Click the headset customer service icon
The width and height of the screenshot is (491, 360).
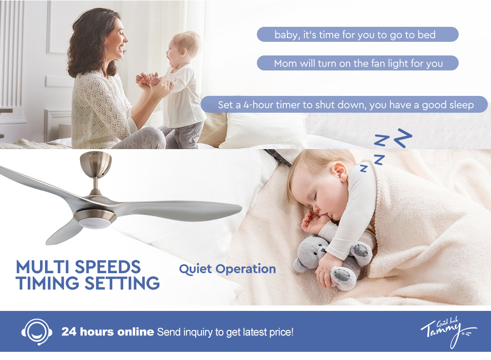coord(37,331)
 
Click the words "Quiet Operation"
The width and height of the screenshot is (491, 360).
coord(227,269)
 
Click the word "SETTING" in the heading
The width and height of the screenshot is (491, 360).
coord(122,283)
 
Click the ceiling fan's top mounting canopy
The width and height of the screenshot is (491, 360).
coord(95,163)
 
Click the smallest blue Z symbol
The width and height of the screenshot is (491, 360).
coord(363,168)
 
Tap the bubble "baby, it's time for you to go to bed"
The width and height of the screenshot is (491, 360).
coord(358,35)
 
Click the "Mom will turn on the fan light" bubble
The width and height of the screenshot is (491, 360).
coord(358,63)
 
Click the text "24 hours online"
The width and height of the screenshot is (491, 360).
coord(107,332)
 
